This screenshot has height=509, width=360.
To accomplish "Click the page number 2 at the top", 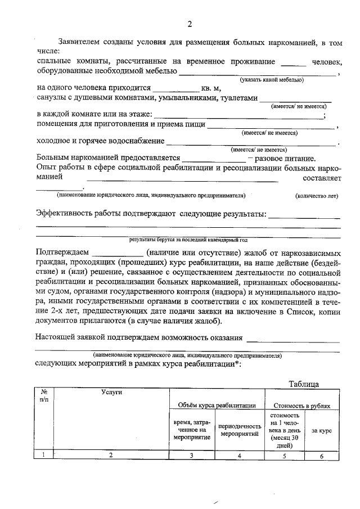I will [190, 24].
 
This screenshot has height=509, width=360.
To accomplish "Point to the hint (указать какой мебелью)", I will [271, 80].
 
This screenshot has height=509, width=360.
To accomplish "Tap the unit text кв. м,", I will [211, 88].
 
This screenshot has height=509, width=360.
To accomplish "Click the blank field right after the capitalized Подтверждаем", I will [118, 253].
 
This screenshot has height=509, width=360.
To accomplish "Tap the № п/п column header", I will [44, 395].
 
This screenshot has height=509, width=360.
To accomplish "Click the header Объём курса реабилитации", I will [217, 405].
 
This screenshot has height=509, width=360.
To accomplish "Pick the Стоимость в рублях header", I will [302, 405].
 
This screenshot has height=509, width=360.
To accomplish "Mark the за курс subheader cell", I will [321, 430].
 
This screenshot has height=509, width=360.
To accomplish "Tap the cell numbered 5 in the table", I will [285, 456].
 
